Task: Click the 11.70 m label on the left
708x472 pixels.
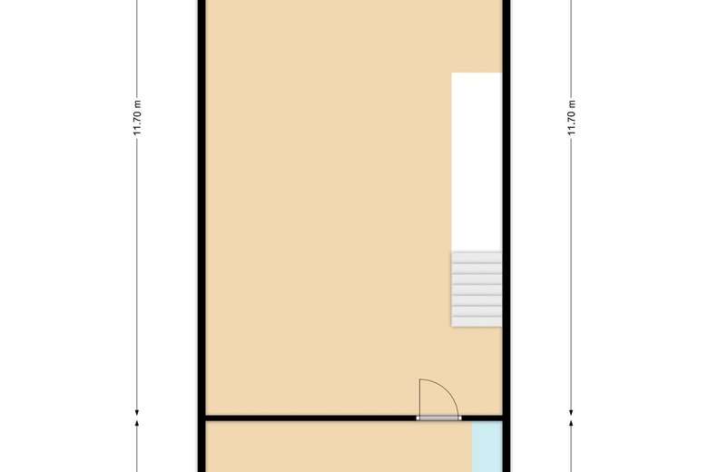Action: pos(137,117)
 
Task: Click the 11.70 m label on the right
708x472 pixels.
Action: pos(571,117)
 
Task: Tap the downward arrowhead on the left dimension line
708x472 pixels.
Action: pos(137,412)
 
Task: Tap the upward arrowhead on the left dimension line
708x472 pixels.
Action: pos(137,423)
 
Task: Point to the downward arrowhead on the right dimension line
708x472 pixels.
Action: pos(571,412)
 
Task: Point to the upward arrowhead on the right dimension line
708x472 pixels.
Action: pos(571,423)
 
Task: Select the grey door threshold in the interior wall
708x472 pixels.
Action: pos(439,418)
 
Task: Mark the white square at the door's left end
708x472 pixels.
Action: pos(418,418)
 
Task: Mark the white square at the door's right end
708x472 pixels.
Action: pos(460,418)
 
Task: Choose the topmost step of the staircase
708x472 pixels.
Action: pos(477,258)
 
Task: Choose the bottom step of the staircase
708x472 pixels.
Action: pos(477,321)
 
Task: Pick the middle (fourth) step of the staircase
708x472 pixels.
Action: pos(477,290)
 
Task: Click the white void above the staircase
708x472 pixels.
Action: pos(477,162)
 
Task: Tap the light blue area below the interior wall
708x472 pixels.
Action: pos(487,447)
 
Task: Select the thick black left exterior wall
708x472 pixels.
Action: pos(202,236)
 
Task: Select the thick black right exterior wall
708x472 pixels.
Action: pos(506,236)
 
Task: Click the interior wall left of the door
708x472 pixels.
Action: pos(311,418)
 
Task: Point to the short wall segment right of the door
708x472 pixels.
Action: pos(482,418)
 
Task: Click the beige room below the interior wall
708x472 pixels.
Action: pos(339,447)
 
